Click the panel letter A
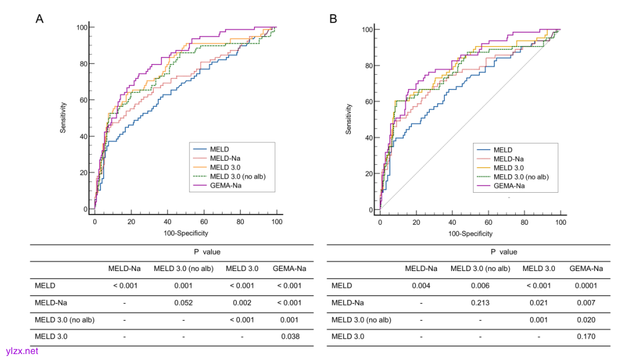click(40, 18)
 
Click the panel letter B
click(334, 18)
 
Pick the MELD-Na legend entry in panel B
click(508, 159)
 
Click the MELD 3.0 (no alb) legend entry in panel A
click(234, 177)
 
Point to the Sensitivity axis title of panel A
click(63, 117)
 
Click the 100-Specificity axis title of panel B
click(469, 234)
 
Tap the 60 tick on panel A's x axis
click(204, 221)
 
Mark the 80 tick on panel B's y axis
click(369, 66)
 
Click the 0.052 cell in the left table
click(183, 302)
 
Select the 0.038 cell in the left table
click(290, 337)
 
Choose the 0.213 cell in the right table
click(480, 302)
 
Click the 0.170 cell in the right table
click(586, 337)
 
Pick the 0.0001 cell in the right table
click(586, 285)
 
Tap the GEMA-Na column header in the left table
click(290, 269)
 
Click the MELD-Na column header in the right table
click(421, 269)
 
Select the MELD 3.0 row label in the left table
click(51, 337)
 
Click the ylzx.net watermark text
click(22, 351)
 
